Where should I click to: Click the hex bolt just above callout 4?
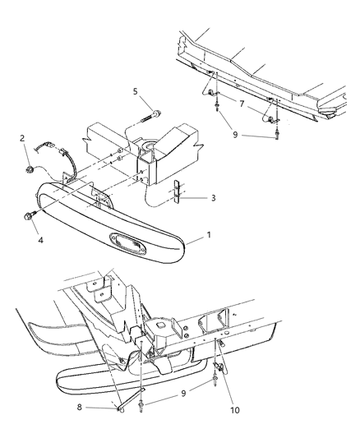29,218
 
